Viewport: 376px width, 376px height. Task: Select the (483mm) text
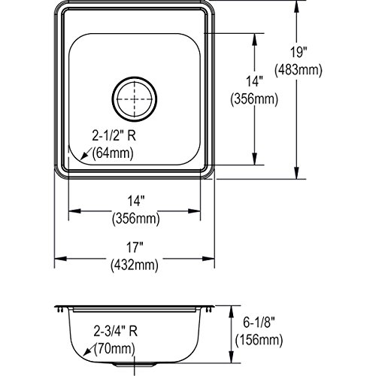click(299, 70)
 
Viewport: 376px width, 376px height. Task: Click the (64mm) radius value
click(113, 153)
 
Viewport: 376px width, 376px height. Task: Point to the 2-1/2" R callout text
click(114, 136)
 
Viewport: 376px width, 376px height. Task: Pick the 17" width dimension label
click(135, 247)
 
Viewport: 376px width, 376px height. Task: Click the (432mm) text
click(135, 265)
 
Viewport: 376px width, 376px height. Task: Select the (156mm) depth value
click(259, 340)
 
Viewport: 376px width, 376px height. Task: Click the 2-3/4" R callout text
click(116, 331)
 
